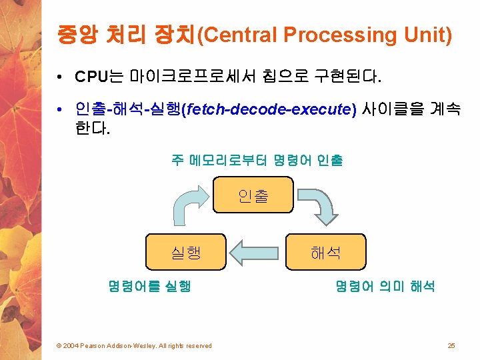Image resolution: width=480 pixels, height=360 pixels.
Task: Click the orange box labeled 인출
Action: (253, 194)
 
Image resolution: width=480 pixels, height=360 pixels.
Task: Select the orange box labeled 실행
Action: (186, 251)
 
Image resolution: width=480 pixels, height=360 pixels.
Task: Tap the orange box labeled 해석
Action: (326, 251)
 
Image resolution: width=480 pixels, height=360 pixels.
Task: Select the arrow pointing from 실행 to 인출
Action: (191, 207)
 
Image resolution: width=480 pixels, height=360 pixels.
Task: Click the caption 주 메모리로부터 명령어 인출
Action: (257, 160)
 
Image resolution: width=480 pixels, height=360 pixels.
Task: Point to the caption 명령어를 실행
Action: (149, 287)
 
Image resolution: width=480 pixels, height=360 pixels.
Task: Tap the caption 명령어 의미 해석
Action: (385, 287)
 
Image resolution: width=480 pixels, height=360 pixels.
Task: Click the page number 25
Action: (451, 345)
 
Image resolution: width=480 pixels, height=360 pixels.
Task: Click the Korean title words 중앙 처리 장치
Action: (124, 35)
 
